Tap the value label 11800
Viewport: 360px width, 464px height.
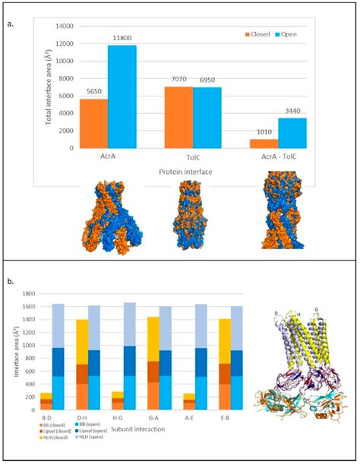(122, 41)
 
